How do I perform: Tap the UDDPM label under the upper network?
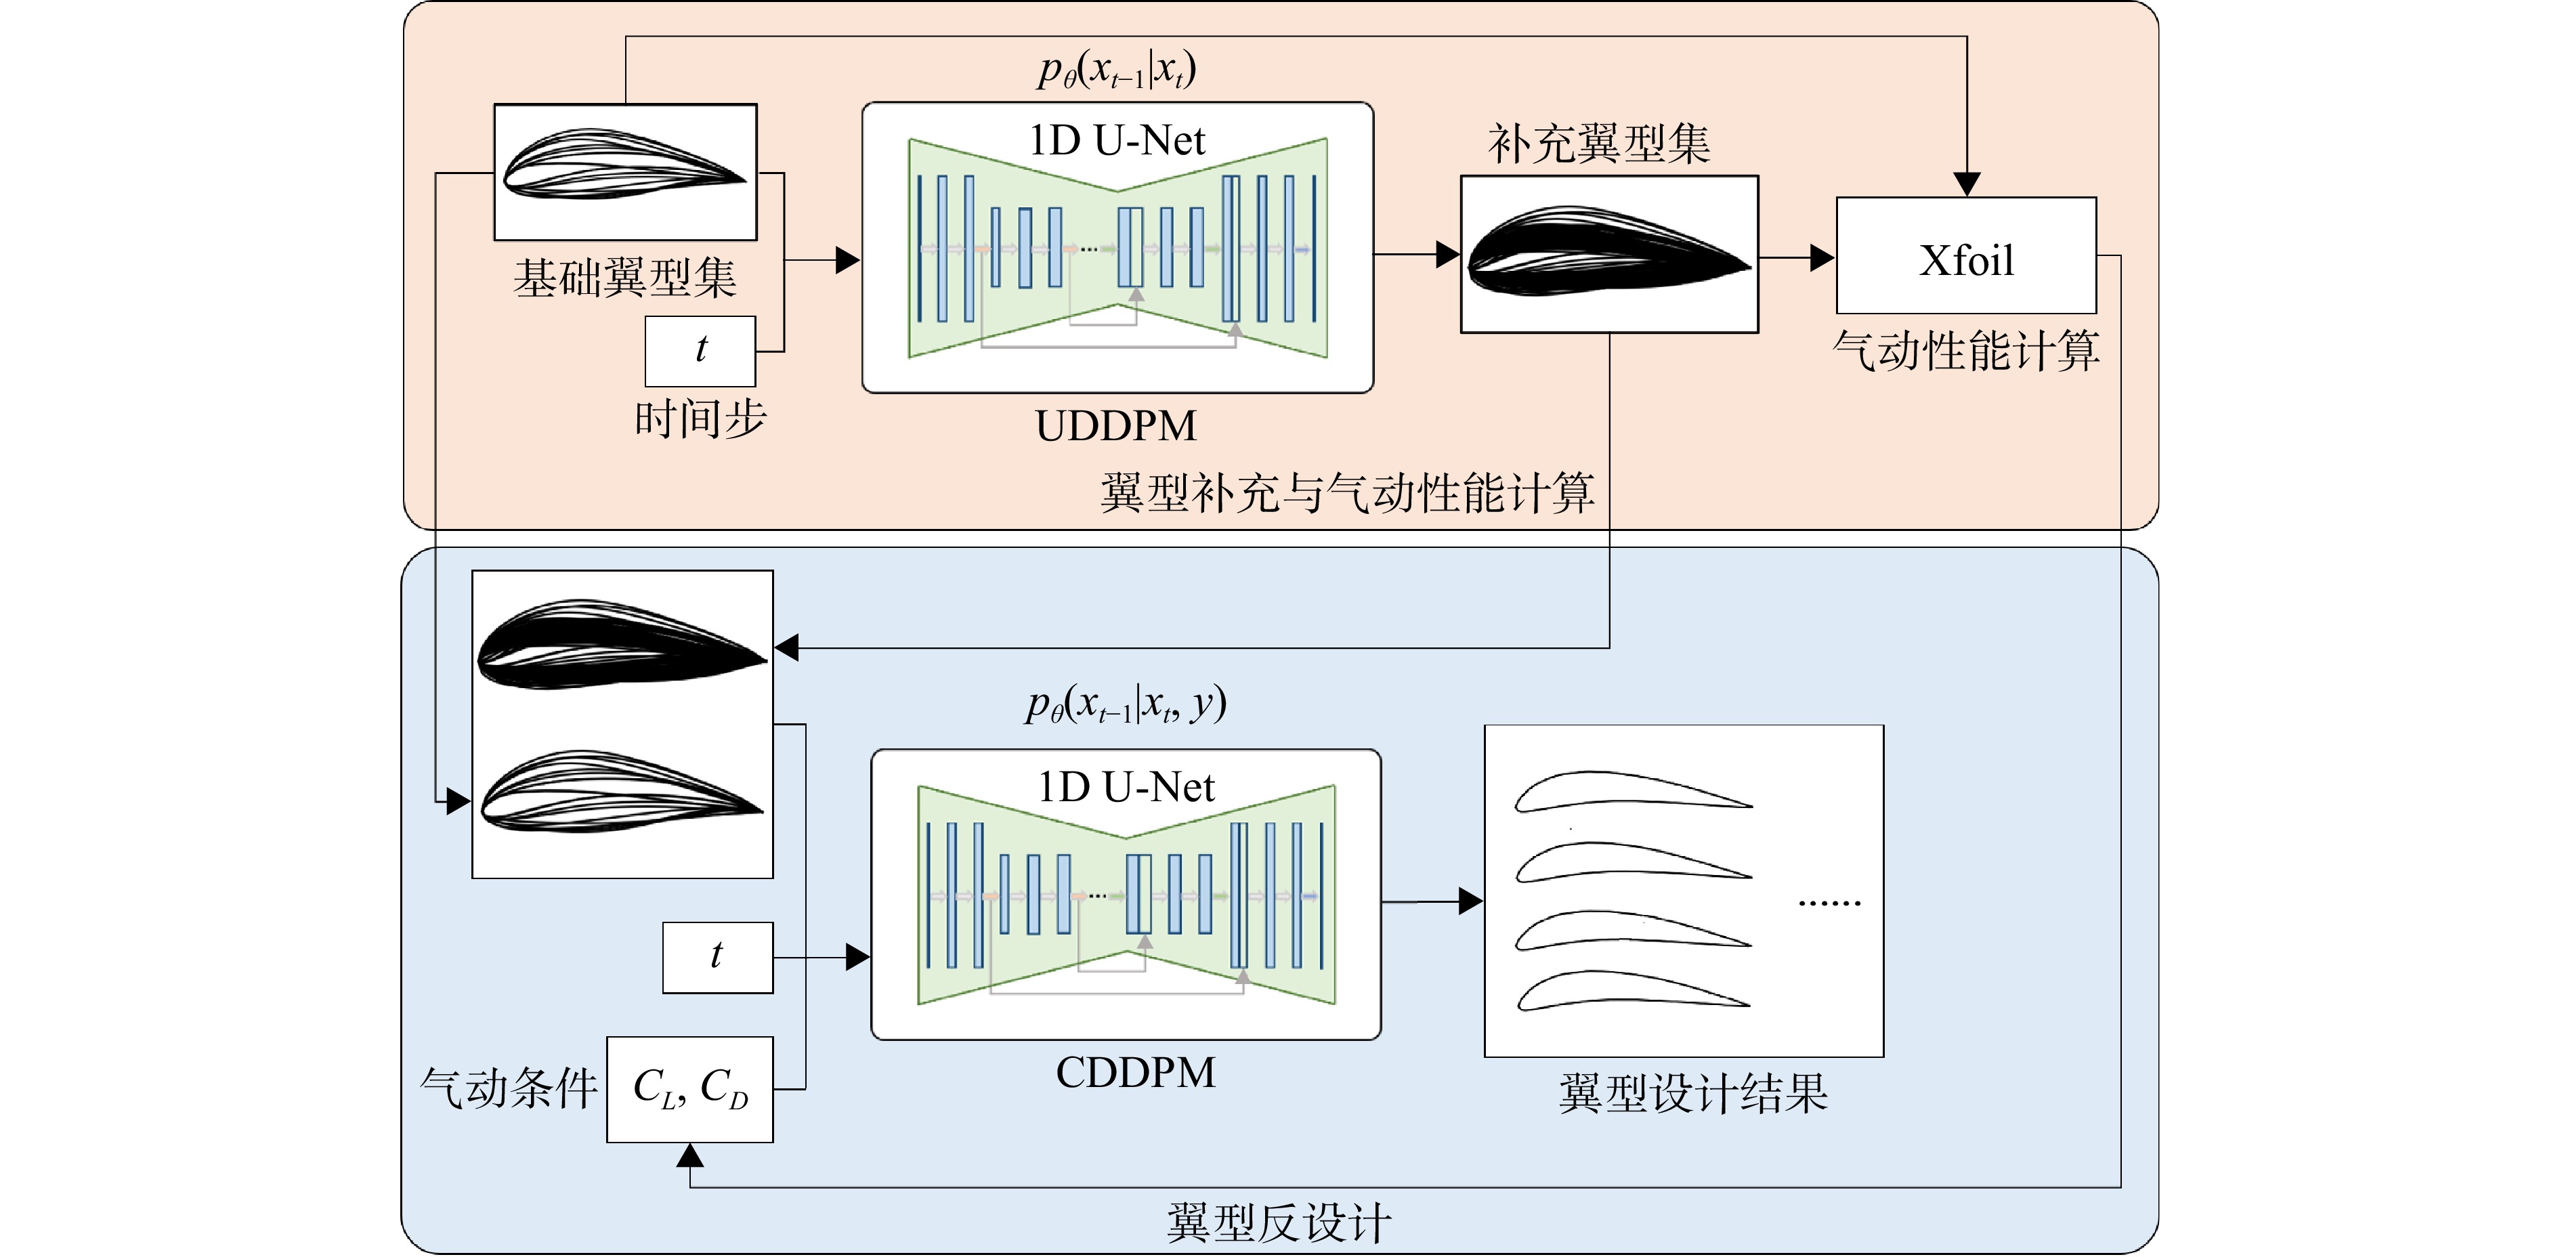(x=1116, y=425)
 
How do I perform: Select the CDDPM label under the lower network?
(x=1135, y=1072)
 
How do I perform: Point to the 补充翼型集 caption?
(x=1599, y=144)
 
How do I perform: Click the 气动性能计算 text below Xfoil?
(x=1965, y=351)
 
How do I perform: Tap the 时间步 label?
(x=701, y=419)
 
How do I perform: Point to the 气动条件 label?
(x=509, y=1088)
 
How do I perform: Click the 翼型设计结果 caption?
(x=1693, y=1093)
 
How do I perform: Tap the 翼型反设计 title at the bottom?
(x=1279, y=1222)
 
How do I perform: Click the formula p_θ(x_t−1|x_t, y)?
(x=1126, y=704)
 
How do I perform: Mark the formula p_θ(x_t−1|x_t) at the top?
(x=1117, y=70)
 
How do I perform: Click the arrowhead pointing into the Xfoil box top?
(x=1967, y=185)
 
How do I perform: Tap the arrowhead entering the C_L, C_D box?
(x=689, y=1155)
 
